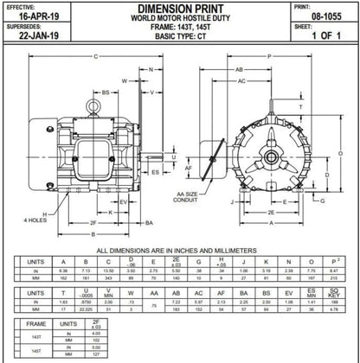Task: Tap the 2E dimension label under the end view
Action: point(270,212)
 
